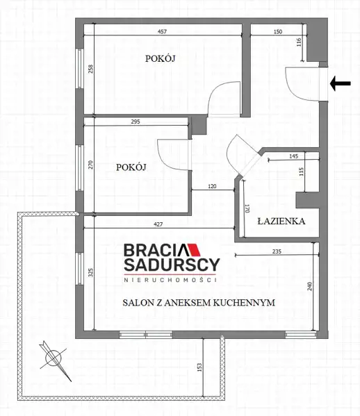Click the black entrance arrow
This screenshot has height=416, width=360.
(x=340, y=83)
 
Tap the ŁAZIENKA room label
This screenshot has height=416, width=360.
(x=281, y=221)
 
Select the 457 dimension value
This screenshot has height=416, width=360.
(x=162, y=31)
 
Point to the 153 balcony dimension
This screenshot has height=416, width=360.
(x=199, y=367)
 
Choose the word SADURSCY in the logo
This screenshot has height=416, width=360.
(x=172, y=265)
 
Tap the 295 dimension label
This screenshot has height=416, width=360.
(x=136, y=122)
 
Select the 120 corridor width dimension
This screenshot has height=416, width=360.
(x=212, y=186)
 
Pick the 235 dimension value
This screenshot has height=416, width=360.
(x=277, y=251)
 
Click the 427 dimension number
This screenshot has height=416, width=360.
(x=158, y=224)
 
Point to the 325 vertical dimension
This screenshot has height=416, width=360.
(x=90, y=273)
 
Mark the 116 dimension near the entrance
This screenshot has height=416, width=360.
(x=299, y=42)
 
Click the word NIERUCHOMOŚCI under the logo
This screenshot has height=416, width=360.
(x=170, y=280)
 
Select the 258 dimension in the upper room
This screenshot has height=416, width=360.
(x=90, y=69)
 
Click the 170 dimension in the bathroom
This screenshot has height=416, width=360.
(x=247, y=208)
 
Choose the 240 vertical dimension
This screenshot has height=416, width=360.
(x=310, y=286)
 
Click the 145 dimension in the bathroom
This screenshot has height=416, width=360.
(x=293, y=156)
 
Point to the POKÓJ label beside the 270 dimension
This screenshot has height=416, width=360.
(x=131, y=167)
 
